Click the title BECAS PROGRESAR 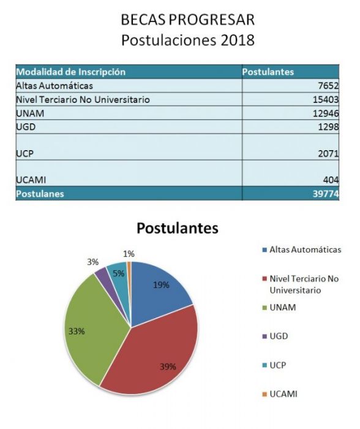click(x=187, y=20)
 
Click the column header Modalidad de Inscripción click(x=71, y=72)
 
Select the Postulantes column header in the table click(x=268, y=72)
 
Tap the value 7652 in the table click(x=328, y=86)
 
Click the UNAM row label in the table click(x=30, y=113)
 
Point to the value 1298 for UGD click(x=328, y=127)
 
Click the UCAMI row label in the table click(x=31, y=180)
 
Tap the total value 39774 click(x=326, y=194)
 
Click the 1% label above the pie click(x=129, y=254)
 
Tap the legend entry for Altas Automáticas click(x=302, y=250)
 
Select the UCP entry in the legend click(x=274, y=365)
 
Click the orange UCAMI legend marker click(x=264, y=394)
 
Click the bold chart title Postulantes click(x=178, y=229)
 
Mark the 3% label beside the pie click(x=93, y=262)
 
